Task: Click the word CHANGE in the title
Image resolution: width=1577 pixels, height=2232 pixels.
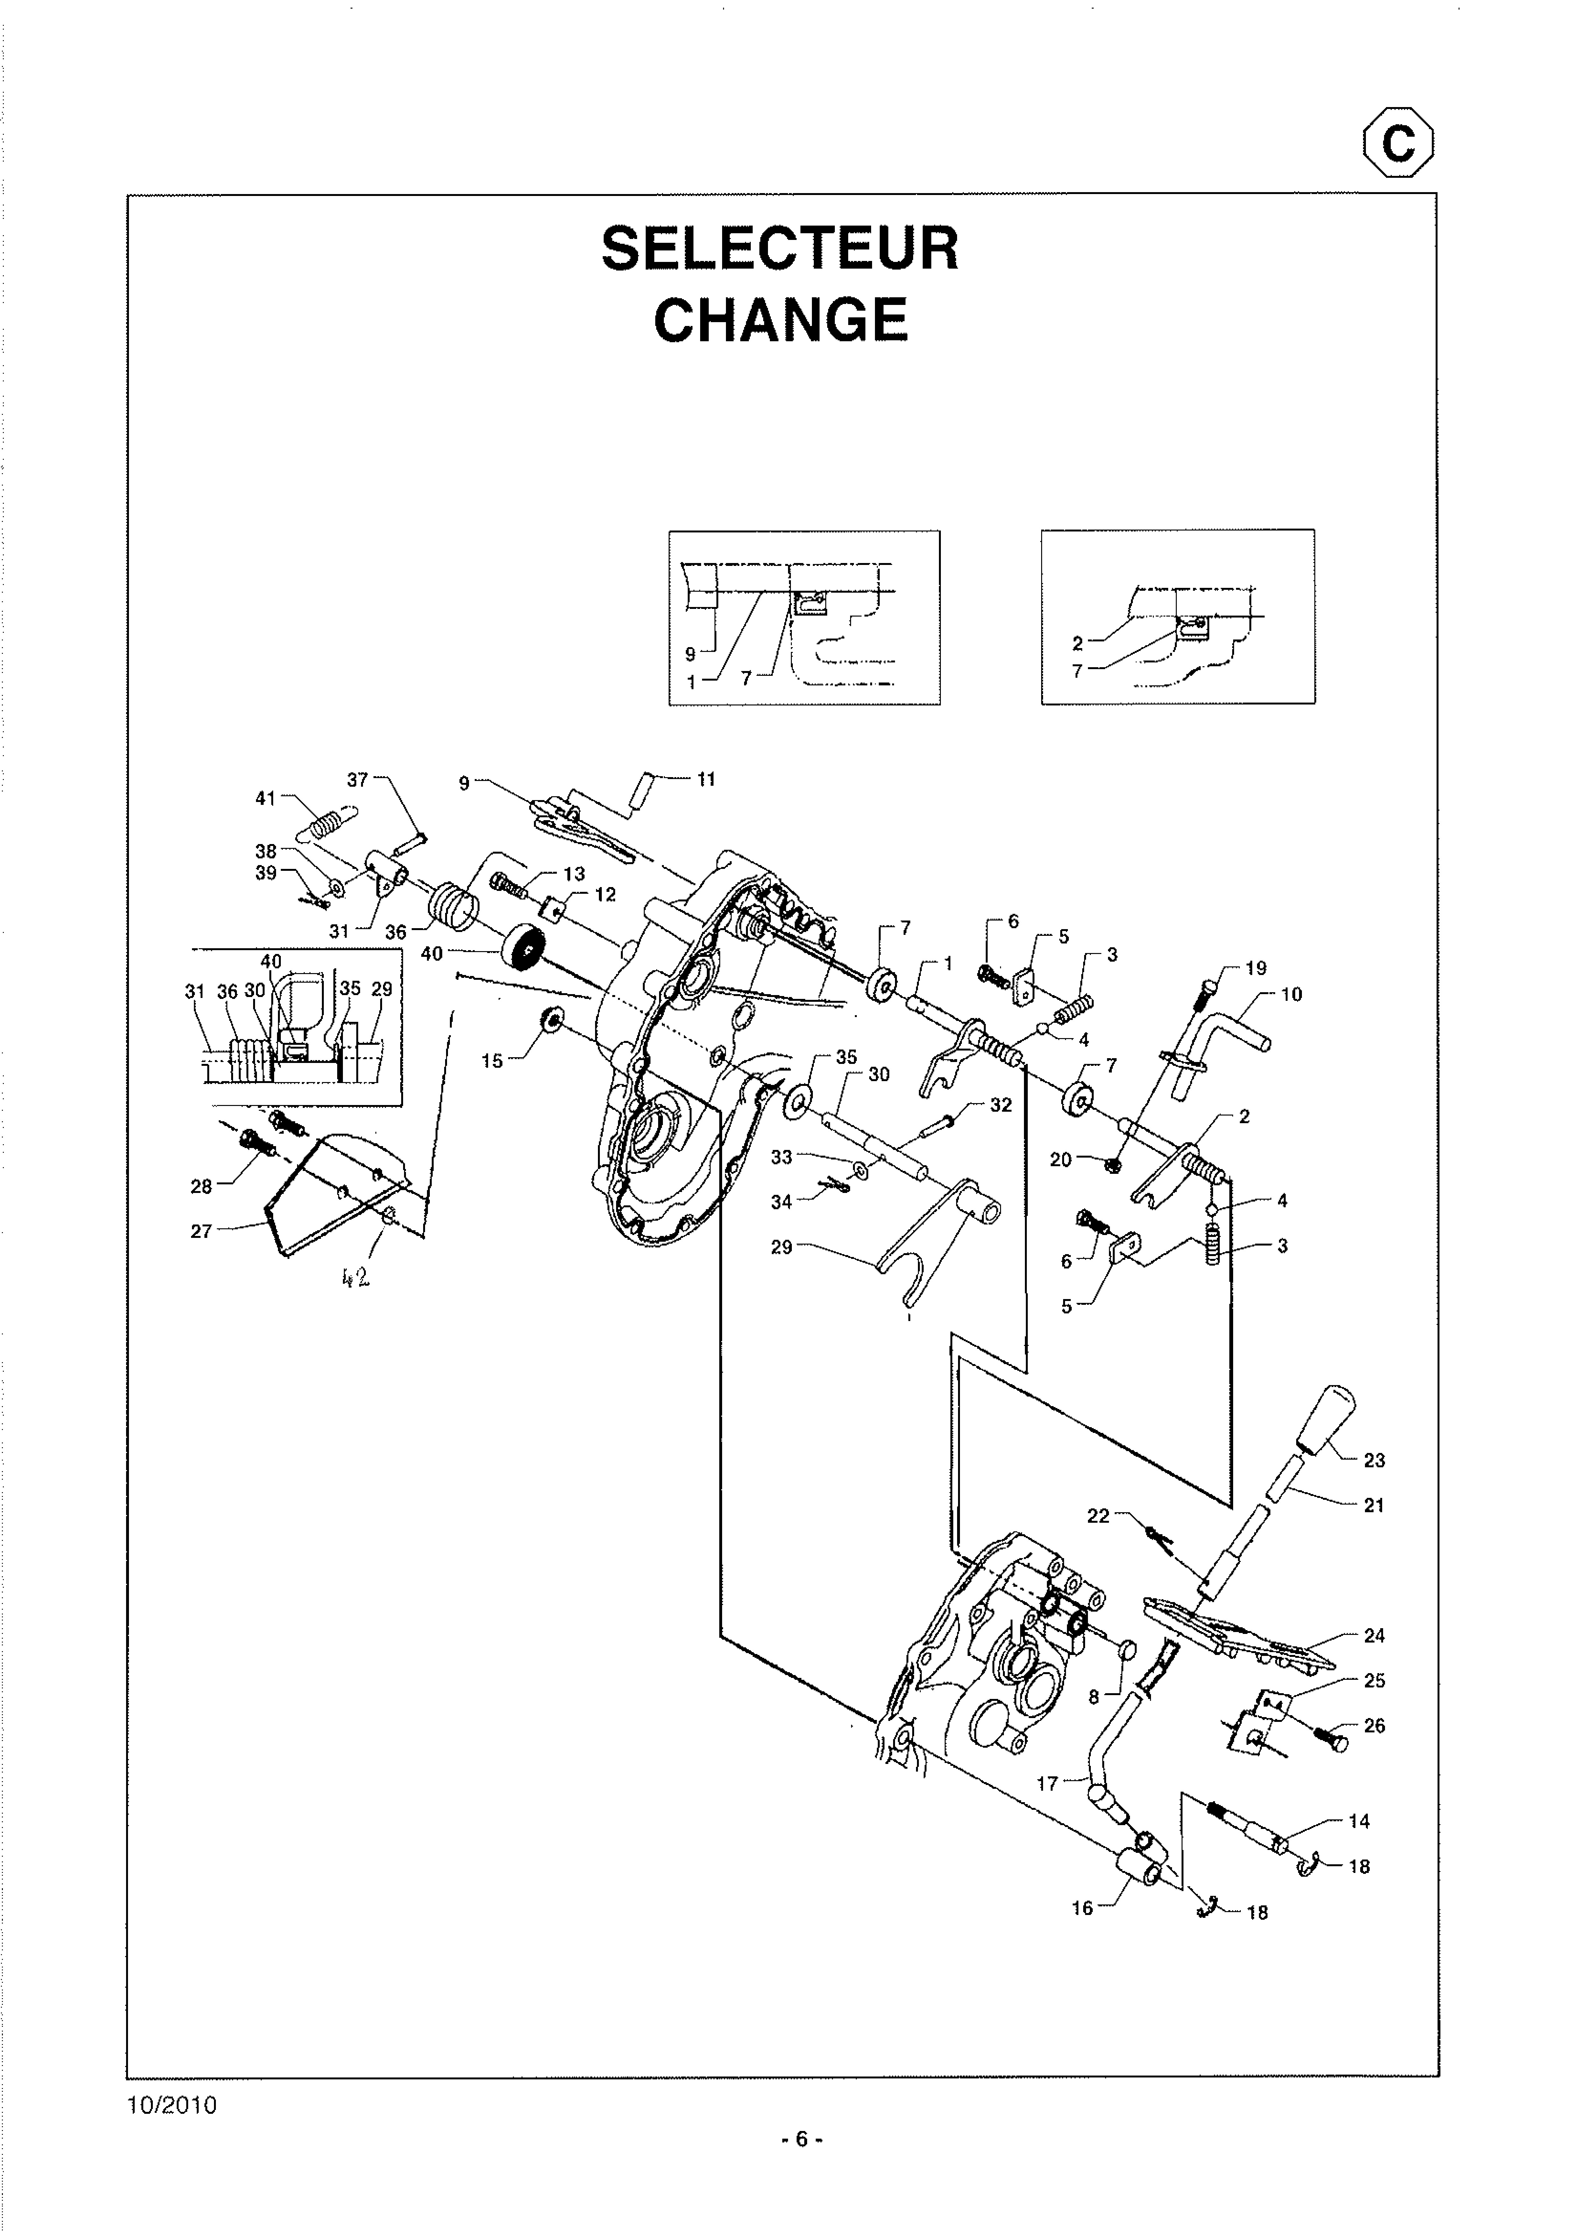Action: pyautogui.click(x=780, y=320)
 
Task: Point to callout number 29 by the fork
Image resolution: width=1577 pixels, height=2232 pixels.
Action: pyautogui.click(x=781, y=1247)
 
